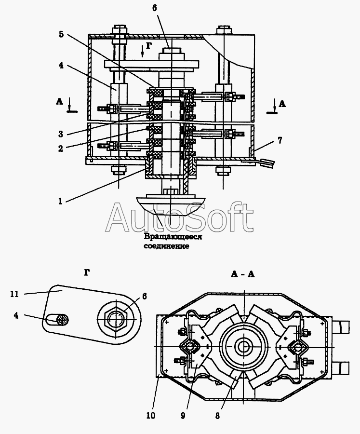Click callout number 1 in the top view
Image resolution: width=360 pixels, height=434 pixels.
(61, 201)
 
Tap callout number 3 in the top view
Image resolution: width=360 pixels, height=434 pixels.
(60, 134)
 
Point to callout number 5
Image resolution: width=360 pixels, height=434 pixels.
(60, 35)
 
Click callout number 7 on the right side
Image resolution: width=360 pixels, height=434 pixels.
(280, 140)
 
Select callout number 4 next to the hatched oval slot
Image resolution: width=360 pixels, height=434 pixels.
(15, 316)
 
